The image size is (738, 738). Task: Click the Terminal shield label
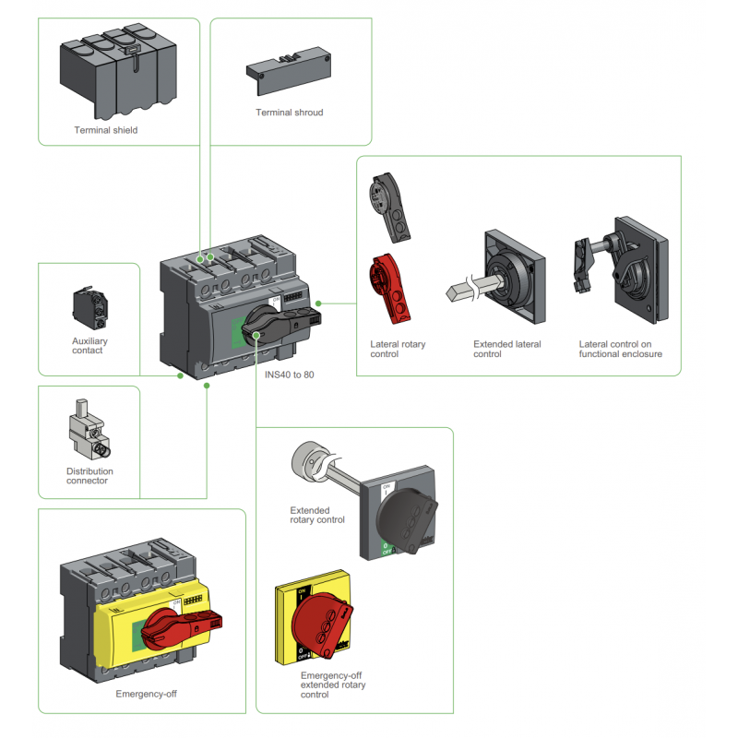click(x=106, y=130)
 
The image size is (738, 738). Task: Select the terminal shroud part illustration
click(x=289, y=70)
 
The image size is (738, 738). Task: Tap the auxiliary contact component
click(x=89, y=308)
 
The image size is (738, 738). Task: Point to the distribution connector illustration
click(x=89, y=430)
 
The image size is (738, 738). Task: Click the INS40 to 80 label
click(x=289, y=375)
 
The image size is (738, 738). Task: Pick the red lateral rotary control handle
click(x=389, y=289)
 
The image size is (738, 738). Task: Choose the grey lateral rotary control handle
click(x=390, y=207)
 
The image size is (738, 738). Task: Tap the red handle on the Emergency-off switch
click(x=182, y=627)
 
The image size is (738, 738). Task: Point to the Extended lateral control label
click(x=506, y=349)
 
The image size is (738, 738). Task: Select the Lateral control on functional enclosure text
click(x=620, y=349)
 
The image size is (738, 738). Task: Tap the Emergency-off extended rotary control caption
click(x=333, y=684)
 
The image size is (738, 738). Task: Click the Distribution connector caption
click(x=89, y=476)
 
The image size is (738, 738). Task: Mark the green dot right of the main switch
click(x=318, y=304)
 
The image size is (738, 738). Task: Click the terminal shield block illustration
click(x=119, y=72)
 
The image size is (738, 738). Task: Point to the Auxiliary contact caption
click(x=89, y=345)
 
